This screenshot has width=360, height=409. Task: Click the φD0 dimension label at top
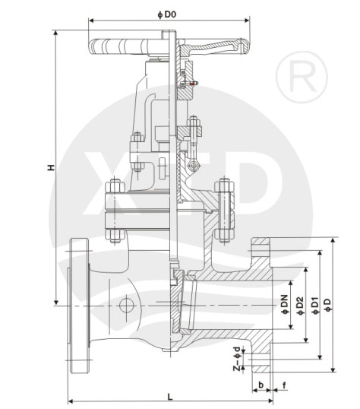tap(167, 14)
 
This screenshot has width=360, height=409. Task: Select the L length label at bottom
tap(170, 397)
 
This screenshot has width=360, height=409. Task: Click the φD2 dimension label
tap(300, 306)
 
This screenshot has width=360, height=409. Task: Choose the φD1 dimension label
tap(315, 306)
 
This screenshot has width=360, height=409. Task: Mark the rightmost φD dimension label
tap(328, 305)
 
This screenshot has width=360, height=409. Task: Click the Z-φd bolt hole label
tap(237, 358)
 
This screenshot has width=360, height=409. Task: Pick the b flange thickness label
tap(261, 385)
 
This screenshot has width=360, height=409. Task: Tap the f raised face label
tap(284, 385)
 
